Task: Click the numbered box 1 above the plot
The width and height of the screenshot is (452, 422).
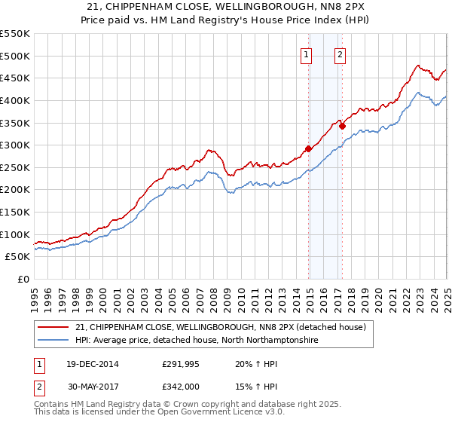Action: [x=307, y=54]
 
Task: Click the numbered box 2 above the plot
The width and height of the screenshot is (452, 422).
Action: [x=341, y=54]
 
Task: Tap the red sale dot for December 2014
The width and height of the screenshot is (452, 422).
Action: [x=308, y=148]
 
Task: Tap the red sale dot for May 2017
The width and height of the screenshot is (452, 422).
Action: [x=342, y=127]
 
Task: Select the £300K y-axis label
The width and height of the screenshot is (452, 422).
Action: [x=15, y=145]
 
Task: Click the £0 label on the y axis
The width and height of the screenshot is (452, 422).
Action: [x=23, y=279]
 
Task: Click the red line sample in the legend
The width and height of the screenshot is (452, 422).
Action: [x=53, y=327]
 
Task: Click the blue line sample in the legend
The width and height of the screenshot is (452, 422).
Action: [x=53, y=341]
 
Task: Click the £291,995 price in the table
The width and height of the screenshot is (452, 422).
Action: [x=181, y=363]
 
